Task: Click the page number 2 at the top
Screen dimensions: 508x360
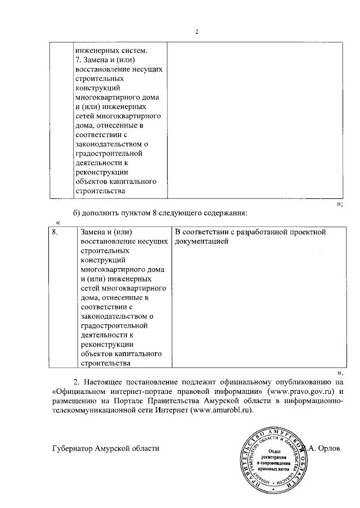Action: [197, 31]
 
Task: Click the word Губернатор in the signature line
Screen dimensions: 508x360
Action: [74, 448]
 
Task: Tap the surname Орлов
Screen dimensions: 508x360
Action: [327, 448]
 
